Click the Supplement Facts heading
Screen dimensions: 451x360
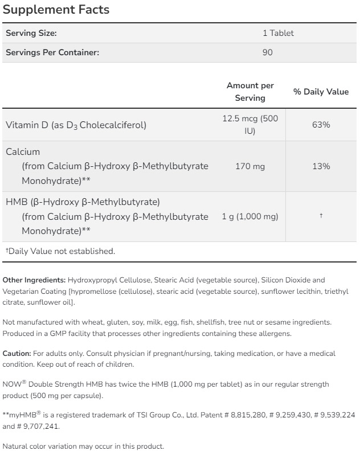[56, 10]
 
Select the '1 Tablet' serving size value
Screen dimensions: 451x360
[278, 33]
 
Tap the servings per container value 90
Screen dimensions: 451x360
[268, 52]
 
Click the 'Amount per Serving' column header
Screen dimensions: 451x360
[250, 92]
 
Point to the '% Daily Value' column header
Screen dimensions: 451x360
[321, 92]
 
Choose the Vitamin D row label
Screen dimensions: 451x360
[76, 125]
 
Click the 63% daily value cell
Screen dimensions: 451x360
[321, 125]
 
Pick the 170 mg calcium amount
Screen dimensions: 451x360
[250, 166]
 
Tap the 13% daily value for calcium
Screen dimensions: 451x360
[321, 166]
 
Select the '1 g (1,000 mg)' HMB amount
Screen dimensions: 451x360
[250, 216]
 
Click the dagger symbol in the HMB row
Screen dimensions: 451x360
[321, 216]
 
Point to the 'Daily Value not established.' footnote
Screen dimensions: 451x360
[60, 251]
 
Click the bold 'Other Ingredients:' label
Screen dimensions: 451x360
[34, 280]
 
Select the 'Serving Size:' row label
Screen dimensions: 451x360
[31, 33]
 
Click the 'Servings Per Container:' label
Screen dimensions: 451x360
[52, 52]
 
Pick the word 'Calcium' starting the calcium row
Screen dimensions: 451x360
[23, 151]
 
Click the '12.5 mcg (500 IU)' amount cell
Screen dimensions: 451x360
[250, 125]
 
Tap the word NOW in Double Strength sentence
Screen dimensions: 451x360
[11, 384]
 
